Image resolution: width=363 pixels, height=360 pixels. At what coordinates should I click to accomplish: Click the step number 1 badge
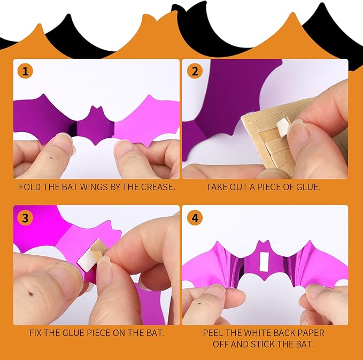point(25,71)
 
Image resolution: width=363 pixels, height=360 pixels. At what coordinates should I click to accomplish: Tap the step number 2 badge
point(195,71)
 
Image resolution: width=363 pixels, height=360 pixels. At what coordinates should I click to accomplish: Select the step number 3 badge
point(25,217)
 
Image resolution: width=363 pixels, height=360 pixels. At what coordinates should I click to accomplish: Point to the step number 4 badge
point(195,217)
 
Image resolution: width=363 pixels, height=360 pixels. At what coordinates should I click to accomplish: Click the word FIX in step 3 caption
point(36,333)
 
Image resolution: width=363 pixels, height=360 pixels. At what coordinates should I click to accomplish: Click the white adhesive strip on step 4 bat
point(264,262)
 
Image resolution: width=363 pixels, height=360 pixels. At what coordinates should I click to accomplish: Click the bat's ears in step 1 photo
point(97,109)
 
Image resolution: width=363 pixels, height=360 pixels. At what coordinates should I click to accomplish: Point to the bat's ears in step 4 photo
point(265,244)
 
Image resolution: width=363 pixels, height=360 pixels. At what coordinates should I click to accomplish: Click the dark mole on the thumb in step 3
point(31,294)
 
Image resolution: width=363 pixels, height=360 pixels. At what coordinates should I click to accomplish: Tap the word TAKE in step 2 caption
point(217,187)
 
